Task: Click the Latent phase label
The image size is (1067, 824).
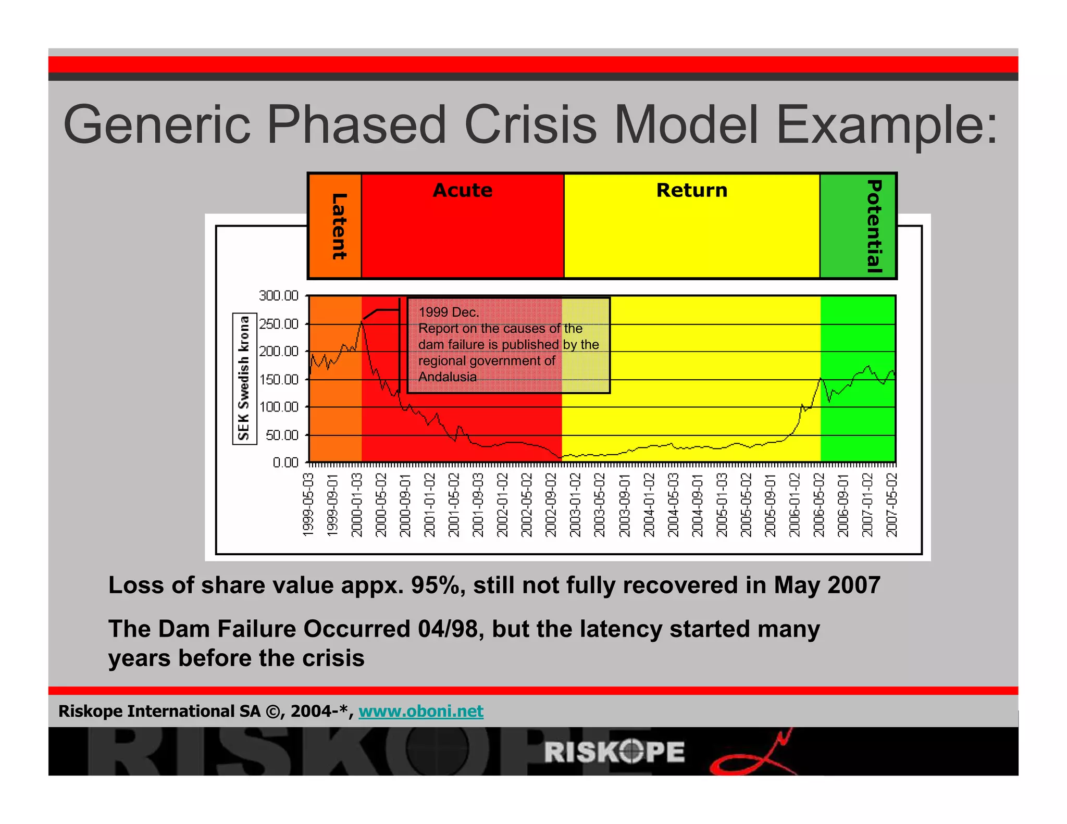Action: tap(339, 226)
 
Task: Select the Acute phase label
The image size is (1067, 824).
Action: tap(462, 190)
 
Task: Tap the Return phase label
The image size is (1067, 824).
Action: tap(691, 190)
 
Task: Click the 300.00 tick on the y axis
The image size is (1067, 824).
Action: tap(279, 296)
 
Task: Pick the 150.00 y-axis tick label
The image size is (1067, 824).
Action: tap(279, 379)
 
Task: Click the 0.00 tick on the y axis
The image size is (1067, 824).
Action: tap(285, 463)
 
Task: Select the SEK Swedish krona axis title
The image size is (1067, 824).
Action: tap(244, 378)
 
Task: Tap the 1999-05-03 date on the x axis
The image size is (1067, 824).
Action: tap(308, 504)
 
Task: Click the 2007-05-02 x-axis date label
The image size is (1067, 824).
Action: tap(891, 504)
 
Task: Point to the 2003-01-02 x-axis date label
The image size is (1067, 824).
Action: tap(575, 504)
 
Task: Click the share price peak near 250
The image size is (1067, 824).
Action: tap(362, 321)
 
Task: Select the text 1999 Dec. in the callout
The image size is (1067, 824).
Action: tap(448, 312)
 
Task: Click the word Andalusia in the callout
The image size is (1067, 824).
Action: tap(447, 377)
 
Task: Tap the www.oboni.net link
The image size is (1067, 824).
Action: tap(420, 711)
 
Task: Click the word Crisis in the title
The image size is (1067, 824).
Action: tap(530, 125)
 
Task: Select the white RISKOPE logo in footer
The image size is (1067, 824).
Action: tap(614, 752)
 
